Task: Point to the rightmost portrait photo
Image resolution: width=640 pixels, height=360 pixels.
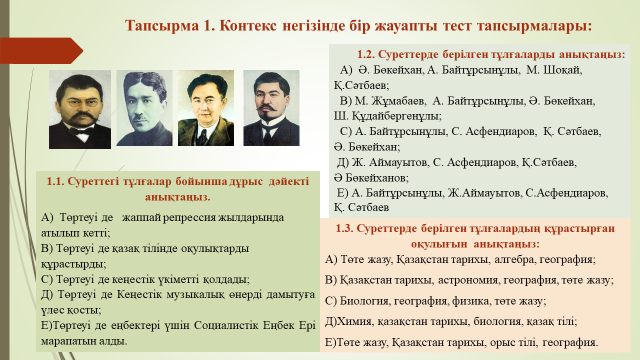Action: (271, 109)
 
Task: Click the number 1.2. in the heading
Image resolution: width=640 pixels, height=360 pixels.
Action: (370, 53)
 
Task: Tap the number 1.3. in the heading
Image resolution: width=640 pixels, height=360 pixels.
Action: (346, 228)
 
